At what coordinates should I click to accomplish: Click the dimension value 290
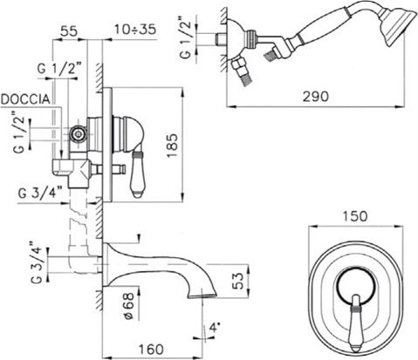[316, 97]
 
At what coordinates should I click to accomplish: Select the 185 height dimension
[173, 146]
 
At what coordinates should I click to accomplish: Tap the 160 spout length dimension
[151, 349]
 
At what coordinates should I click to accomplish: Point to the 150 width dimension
[355, 216]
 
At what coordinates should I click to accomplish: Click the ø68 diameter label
[128, 306]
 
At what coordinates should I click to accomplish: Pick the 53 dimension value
[238, 281]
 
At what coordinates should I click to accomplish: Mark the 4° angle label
[213, 329]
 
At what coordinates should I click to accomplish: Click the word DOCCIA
[25, 99]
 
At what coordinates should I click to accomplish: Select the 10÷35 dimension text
[135, 30]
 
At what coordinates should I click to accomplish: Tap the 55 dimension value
[69, 31]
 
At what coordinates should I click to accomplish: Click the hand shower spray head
[398, 26]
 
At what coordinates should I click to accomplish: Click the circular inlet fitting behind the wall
[78, 134]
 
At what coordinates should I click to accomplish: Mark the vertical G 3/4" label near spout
[37, 262]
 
